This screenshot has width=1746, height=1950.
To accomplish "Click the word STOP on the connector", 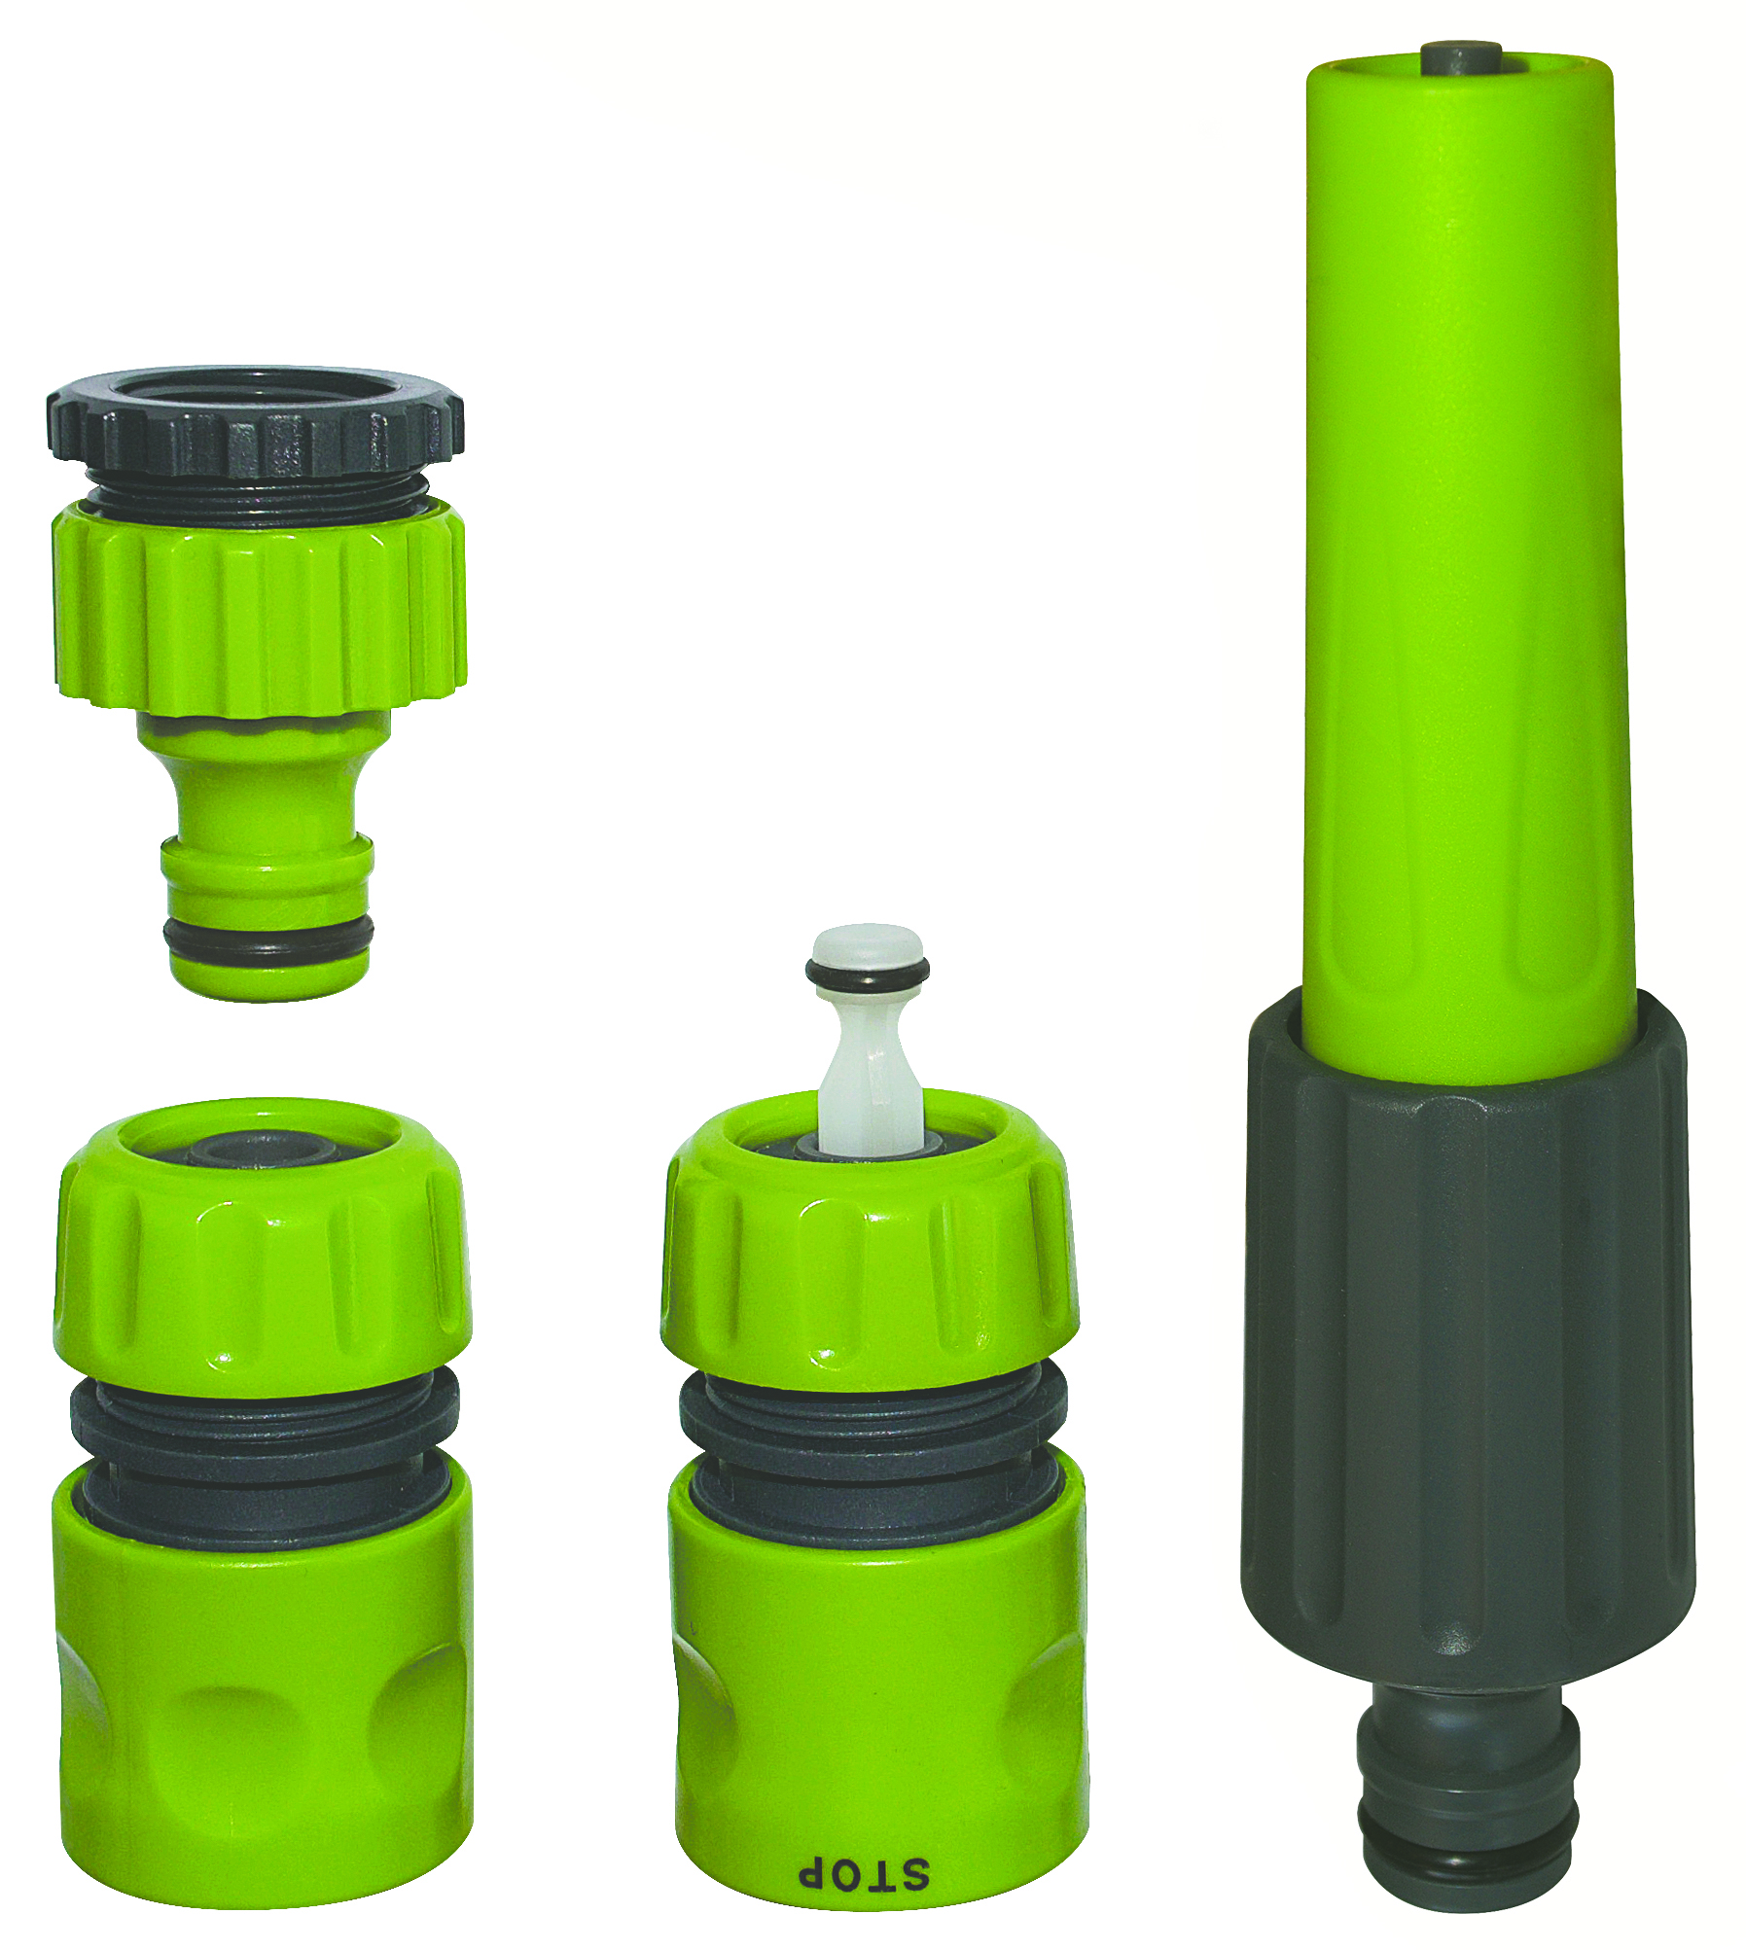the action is (864, 1873).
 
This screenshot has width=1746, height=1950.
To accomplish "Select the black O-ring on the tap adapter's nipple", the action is (268, 939).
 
